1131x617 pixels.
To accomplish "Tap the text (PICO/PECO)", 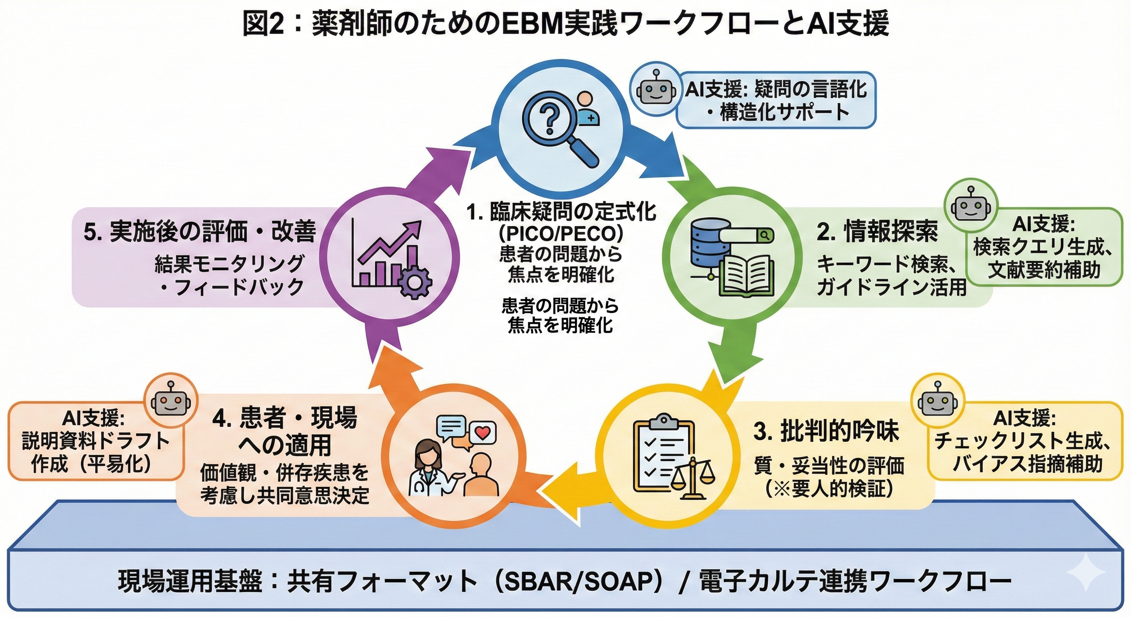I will (x=561, y=234).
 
